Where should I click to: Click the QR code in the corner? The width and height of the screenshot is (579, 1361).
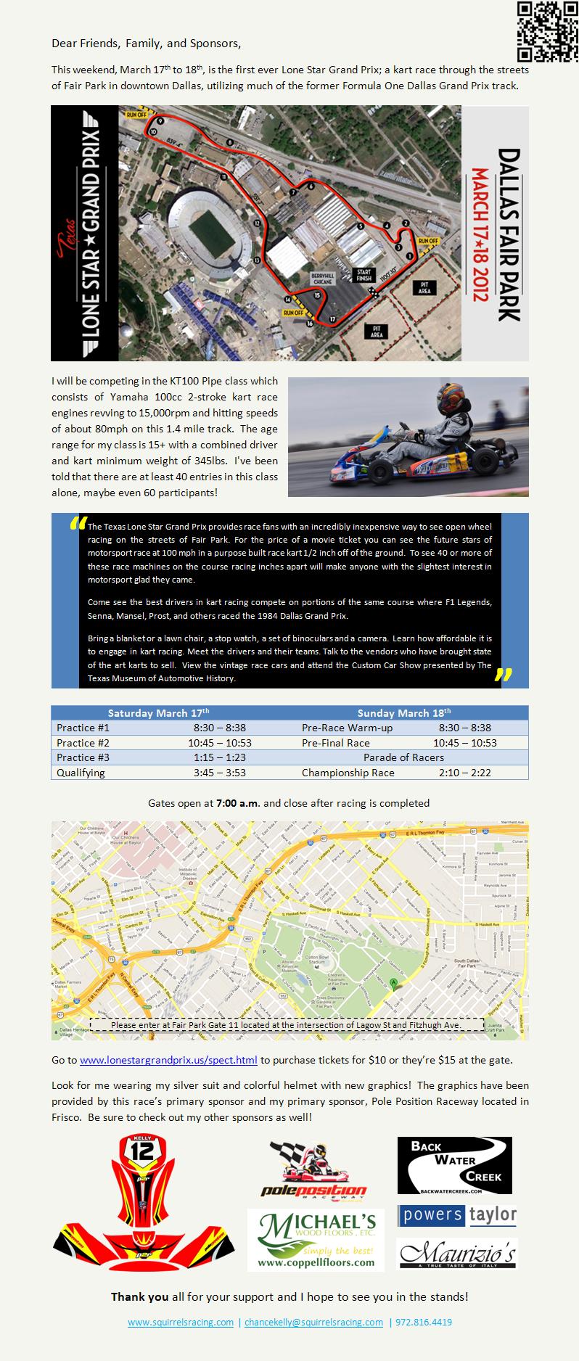click(x=548, y=32)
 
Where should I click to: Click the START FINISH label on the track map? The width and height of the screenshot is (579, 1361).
click(x=362, y=274)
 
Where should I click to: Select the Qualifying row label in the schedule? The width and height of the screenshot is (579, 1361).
click(x=81, y=773)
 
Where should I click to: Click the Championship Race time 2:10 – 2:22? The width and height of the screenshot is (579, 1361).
click(x=464, y=773)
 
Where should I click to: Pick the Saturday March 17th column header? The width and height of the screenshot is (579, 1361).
click(x=158, y=713)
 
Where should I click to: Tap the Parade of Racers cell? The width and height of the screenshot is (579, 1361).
click(x=403, y=757)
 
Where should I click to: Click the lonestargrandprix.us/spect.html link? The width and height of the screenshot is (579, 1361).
click(x=168, y=1060)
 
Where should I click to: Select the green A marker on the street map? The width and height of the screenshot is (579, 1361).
click(x=394, y=983)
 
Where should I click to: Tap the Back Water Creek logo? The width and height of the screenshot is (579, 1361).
click(x=454, y=1166)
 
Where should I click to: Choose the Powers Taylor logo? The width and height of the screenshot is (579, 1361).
click(x=456, y=1214)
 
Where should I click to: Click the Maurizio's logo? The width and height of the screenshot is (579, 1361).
click(x=457, y=1253)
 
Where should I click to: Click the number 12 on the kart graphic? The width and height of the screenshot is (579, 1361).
click(x=144, y=1153)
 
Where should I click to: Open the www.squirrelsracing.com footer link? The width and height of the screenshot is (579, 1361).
click(x=181, y=1322)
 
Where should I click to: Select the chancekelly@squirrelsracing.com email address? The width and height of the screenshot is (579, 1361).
click(x=313, y=1322)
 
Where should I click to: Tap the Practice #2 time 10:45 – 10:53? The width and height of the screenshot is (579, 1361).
click(x=219, y=743)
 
